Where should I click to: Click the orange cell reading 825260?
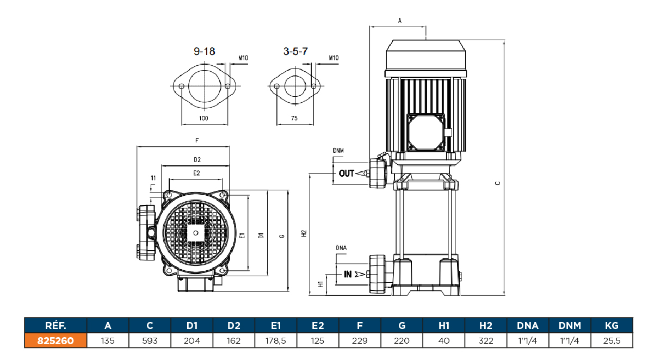[x=55, y=341]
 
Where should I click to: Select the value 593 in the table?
[x=150, y=341]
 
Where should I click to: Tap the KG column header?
[x=612, y=326]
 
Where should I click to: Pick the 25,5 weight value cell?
[x=612, y=341]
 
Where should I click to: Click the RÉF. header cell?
[x=55, y=326]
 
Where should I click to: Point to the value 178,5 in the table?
[x=276, y=341]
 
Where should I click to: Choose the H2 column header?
[x=486, y=326]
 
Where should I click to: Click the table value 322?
[x=486, y=341]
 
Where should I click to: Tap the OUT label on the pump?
[x=347, y=173]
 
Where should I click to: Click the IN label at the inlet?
[x=348, y=274]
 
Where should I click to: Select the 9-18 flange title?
[x=205, y=52]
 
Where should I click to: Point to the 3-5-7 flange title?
[x=296, y=52]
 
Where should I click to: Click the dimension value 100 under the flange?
[x=203, y=118]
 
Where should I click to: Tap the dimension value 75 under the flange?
[x=295, y=118]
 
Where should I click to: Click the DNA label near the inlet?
[x=341, y=247]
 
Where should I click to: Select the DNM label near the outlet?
[x=338, y=150]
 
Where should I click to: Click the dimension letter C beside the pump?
[x=497, y=183]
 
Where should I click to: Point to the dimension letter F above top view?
[x=197, y=141]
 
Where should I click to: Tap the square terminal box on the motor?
[x=427, y=132]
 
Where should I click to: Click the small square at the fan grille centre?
[x=195, y=232]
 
